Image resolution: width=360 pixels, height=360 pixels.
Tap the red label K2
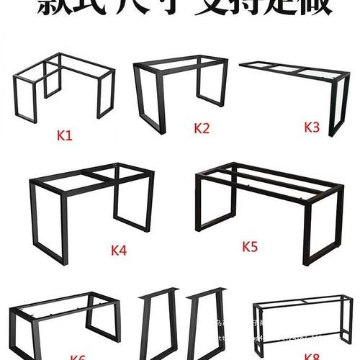point(201,129)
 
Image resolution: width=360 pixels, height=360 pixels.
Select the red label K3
point(312,127)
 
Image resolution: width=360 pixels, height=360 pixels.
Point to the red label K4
point(119,251)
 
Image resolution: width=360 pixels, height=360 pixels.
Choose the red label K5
point(250,246)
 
